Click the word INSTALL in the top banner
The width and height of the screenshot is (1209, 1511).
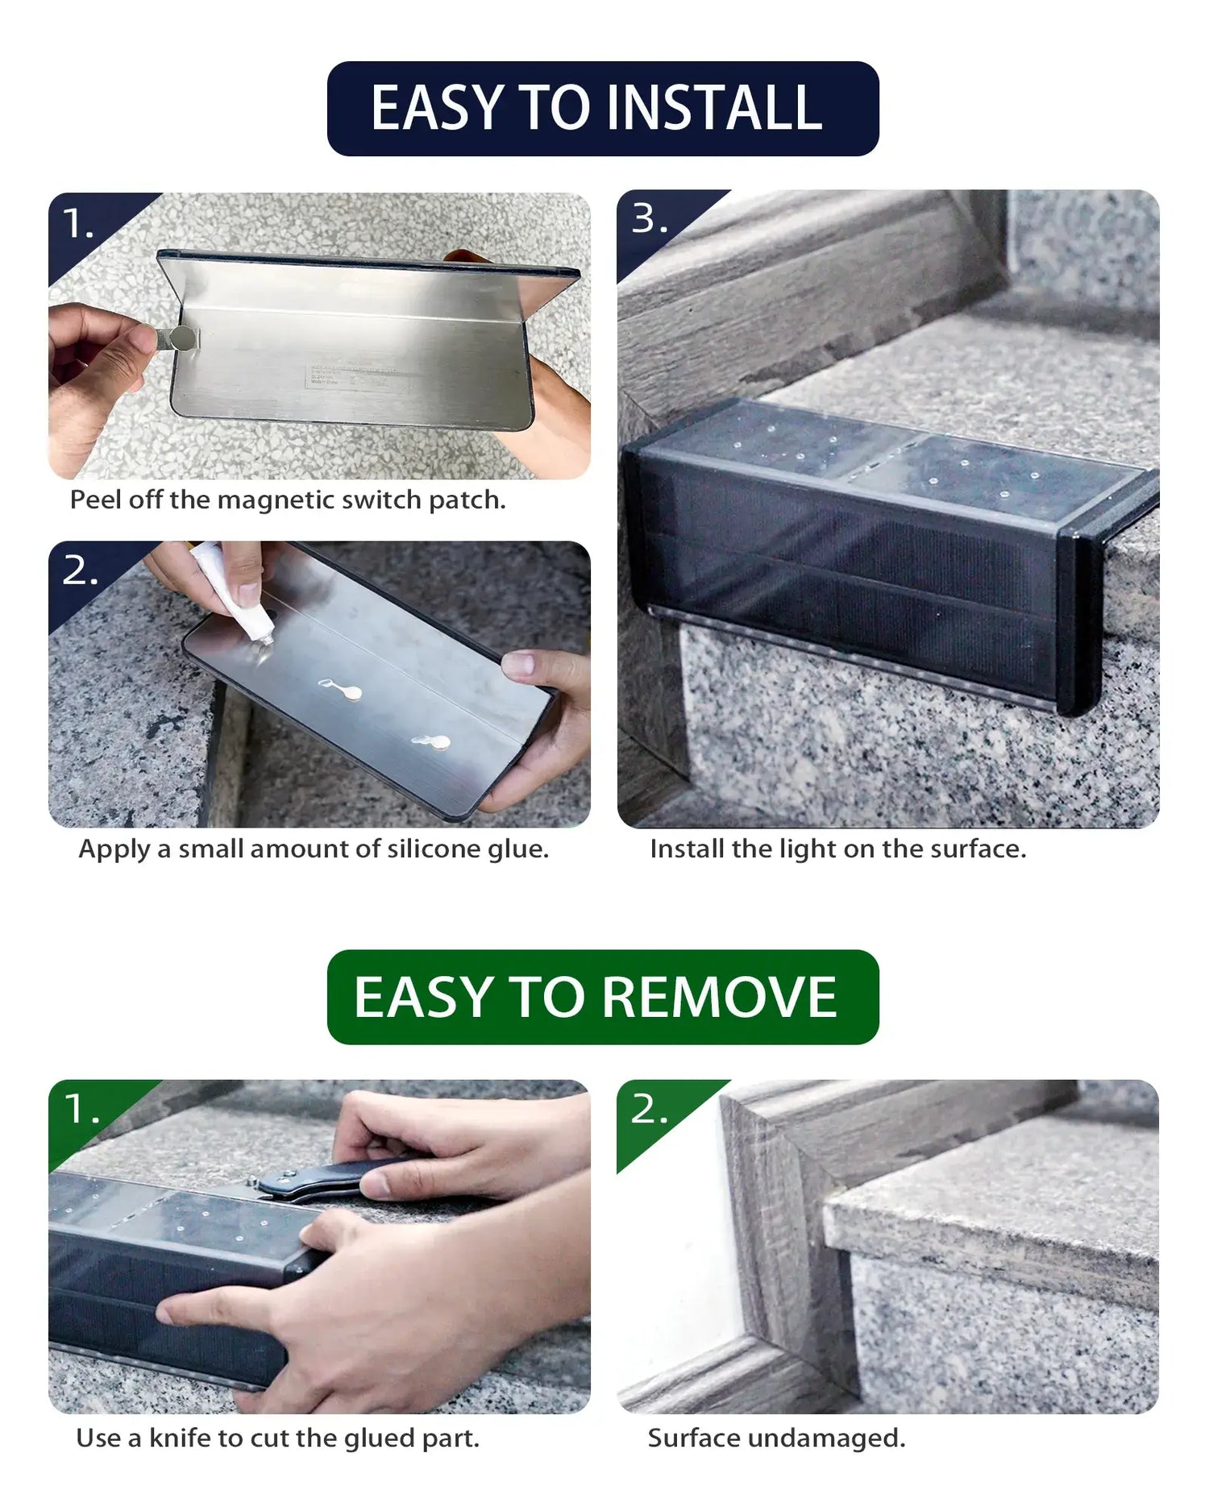[x=713, y=109]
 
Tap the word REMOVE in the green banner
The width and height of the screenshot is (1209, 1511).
[x=719, y=998]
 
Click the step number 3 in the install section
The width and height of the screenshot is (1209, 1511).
[x=644, y=219]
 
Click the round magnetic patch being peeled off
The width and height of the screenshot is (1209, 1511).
[x=185, y=338]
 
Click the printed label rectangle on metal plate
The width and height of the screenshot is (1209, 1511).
[x=351, y=377]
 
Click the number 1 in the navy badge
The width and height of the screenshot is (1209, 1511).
[x=74, y=223]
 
